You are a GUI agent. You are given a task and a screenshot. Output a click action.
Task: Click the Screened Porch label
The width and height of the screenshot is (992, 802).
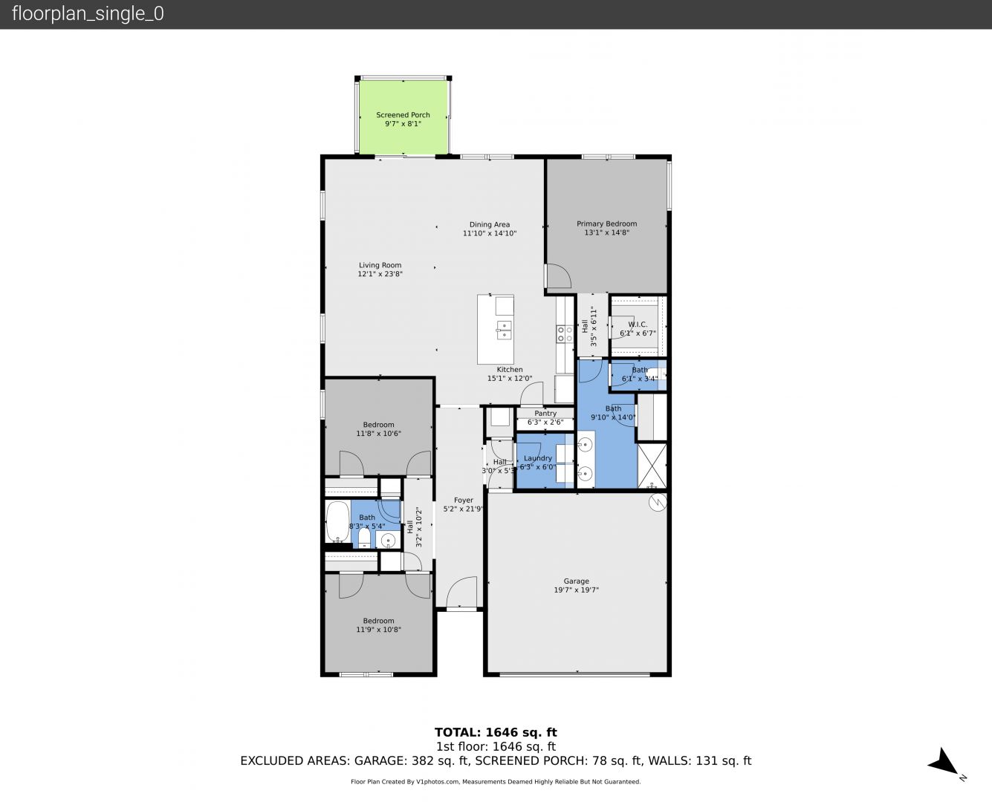pos(403,114)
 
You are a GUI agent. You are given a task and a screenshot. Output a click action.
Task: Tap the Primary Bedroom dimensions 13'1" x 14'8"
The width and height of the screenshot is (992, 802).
pos(606,232)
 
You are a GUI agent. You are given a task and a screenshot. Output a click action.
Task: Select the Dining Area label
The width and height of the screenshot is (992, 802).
pos(489,224)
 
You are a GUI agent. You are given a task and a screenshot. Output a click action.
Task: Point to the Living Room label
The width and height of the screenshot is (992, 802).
pos(380,265)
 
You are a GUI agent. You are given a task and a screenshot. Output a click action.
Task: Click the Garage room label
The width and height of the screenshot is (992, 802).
pos(576,581)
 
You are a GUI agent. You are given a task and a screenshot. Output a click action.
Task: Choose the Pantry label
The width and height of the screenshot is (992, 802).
pos(545,414)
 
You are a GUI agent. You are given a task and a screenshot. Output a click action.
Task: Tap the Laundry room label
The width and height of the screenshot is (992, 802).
pos(537,458)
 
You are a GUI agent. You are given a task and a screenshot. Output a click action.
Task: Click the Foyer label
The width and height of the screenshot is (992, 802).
pos(463,500)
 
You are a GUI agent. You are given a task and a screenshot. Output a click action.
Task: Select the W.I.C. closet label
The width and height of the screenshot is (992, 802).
pos(637,325)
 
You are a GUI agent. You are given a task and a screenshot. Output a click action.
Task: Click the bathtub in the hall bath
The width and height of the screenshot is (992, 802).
pos(337,521)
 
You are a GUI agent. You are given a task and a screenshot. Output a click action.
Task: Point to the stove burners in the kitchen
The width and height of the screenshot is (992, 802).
pos(565,333)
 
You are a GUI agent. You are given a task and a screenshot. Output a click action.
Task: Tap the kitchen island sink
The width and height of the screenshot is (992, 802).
pos(504,330)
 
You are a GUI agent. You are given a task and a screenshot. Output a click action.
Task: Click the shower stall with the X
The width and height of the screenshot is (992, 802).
pos(652,466)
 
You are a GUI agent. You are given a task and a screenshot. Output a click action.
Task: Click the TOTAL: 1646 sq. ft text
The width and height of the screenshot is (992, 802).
pos(496,733)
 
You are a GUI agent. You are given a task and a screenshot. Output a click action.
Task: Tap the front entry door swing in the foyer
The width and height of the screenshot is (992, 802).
pos(461,592)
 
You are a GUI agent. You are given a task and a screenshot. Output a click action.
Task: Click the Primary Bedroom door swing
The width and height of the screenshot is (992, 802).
pos(558,276)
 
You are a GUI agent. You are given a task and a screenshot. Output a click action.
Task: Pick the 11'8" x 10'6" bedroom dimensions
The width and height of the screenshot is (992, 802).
pos(379,434)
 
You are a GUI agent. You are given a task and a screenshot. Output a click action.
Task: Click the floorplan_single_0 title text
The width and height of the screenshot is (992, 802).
pos(88,14)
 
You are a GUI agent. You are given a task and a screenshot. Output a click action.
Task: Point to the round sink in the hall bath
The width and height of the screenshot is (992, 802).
pos(388,541)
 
